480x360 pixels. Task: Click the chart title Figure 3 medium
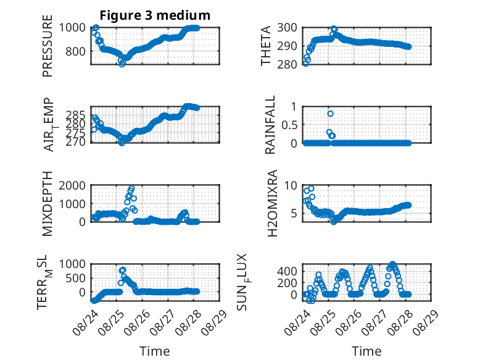[155, 15]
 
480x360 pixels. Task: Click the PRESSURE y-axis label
[48, 46]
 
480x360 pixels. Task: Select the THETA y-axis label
[266, 46]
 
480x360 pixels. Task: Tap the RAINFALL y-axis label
[270, 125]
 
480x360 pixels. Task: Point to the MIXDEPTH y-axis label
[48, 204]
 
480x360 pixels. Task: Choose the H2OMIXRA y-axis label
[272, 203]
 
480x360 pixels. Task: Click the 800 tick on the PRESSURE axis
[75, 51]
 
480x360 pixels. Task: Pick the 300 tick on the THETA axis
[287, 28]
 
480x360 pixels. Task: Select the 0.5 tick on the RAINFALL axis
[289, 125]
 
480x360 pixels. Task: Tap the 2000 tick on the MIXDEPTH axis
[72, 185]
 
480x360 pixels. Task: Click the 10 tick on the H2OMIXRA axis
[291, 185]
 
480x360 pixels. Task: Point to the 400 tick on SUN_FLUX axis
[287, 271]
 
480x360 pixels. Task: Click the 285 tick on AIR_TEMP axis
[75, 115]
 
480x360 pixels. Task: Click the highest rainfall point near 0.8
[330, 114]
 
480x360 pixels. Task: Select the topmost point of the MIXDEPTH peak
[131, 188]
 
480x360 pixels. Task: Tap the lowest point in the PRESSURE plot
[122, 64]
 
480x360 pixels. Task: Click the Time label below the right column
[366, 351]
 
